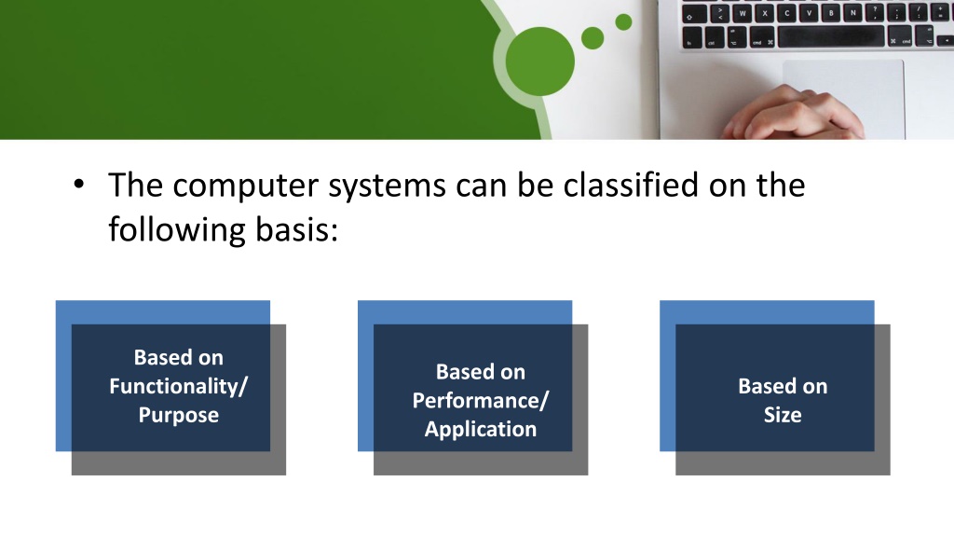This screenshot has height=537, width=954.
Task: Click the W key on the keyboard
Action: click(x=743, y=13)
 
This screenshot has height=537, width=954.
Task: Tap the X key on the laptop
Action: click(x=765, y=13)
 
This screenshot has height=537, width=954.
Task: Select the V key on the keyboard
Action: click(x=809, y=13)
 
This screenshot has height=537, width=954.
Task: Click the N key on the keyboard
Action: click(x=853, y=12)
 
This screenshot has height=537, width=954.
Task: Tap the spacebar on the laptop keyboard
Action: click(x=830, y=36)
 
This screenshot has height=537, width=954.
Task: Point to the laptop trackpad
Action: click(x=843, y=97)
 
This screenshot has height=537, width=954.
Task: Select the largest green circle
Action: click(x=539, y=62)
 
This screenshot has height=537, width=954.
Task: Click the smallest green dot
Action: click(x=623, y=22)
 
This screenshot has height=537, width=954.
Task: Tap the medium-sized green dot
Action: click(x=593, y=37)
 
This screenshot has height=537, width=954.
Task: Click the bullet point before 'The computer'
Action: click(x=78, y=184)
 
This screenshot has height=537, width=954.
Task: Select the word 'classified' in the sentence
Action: click(x=631, y=185)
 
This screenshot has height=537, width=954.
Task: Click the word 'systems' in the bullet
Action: click(x=387, y=186)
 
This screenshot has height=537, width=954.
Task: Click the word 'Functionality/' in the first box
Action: click(x=178, y=386)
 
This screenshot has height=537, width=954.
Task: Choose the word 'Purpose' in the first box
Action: click(x=178, y=415)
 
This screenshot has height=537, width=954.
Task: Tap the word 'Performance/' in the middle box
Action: click(x=481, y=401)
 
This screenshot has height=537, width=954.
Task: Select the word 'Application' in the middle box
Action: click(x=481, y=429)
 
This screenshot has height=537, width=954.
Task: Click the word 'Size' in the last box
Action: click(x=783, y=415)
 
